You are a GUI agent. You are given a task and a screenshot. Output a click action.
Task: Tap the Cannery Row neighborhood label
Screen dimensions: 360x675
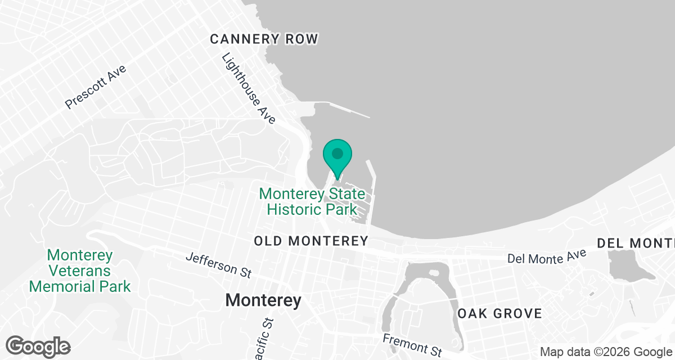264,39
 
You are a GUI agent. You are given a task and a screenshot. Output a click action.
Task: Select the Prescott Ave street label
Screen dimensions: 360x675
96,87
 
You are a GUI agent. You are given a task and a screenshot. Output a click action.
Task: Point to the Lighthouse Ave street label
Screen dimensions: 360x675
249,88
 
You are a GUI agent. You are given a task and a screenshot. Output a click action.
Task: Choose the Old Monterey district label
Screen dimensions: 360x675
310,241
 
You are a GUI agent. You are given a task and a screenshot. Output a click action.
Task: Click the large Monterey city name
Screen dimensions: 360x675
263,300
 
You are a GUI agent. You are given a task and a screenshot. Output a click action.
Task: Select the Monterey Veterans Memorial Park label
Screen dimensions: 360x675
80,271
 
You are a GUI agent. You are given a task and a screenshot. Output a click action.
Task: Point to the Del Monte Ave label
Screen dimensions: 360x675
547,256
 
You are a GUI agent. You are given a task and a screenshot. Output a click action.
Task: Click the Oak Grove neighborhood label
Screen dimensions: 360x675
499,313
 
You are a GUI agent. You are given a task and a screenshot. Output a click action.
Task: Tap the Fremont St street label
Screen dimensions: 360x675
412,345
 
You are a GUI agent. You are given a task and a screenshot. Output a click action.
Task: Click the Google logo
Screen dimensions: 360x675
38,346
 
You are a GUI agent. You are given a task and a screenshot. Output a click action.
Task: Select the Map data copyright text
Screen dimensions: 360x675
605,352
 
